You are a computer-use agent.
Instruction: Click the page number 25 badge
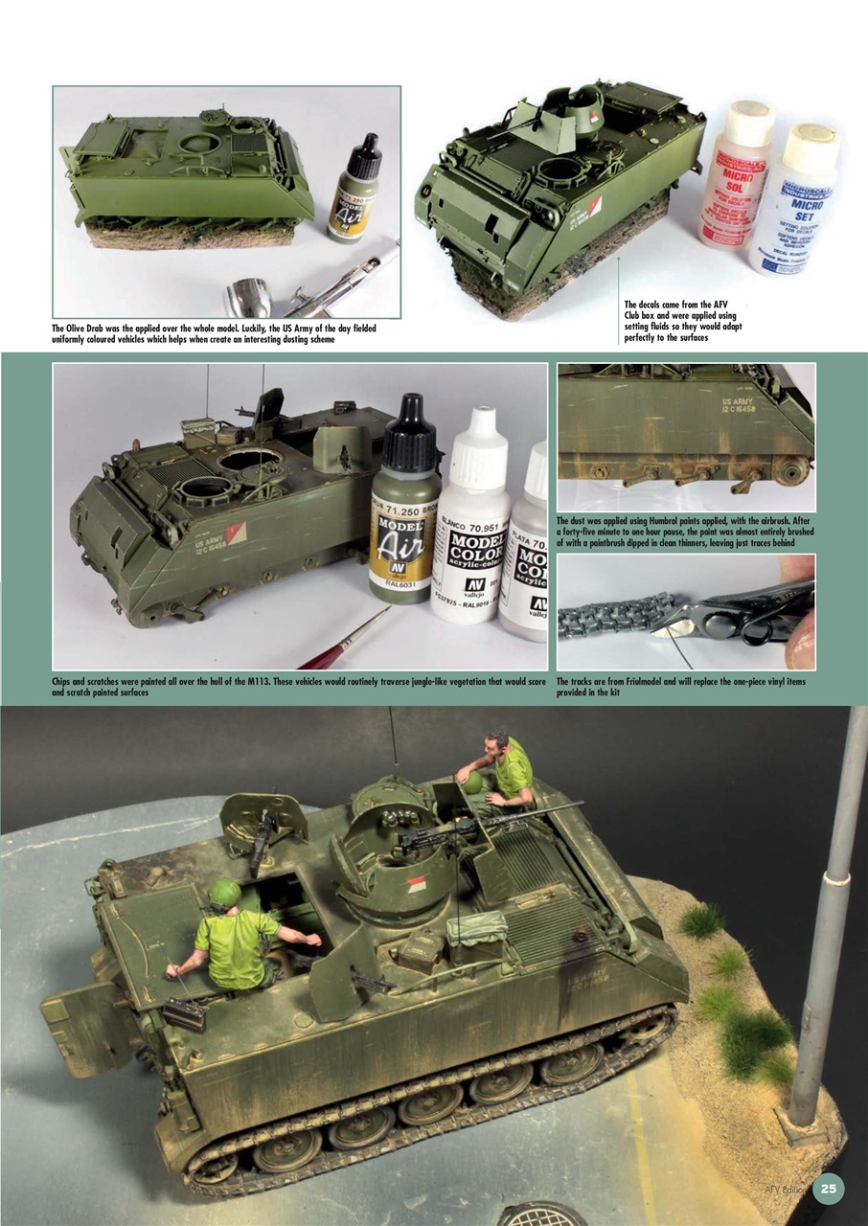click(x=829, y=1189)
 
